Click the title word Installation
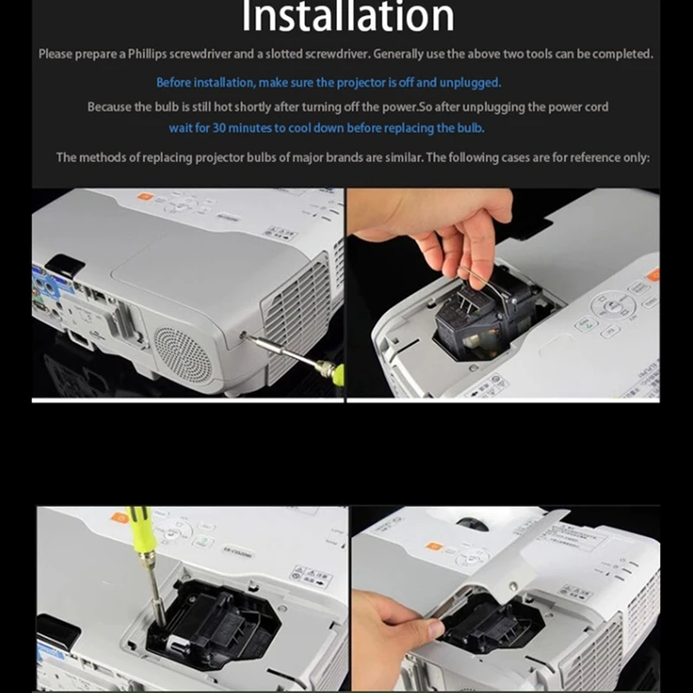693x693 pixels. point(346,17)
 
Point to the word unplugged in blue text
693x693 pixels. point(471,82)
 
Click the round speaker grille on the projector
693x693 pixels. point(182,355)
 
